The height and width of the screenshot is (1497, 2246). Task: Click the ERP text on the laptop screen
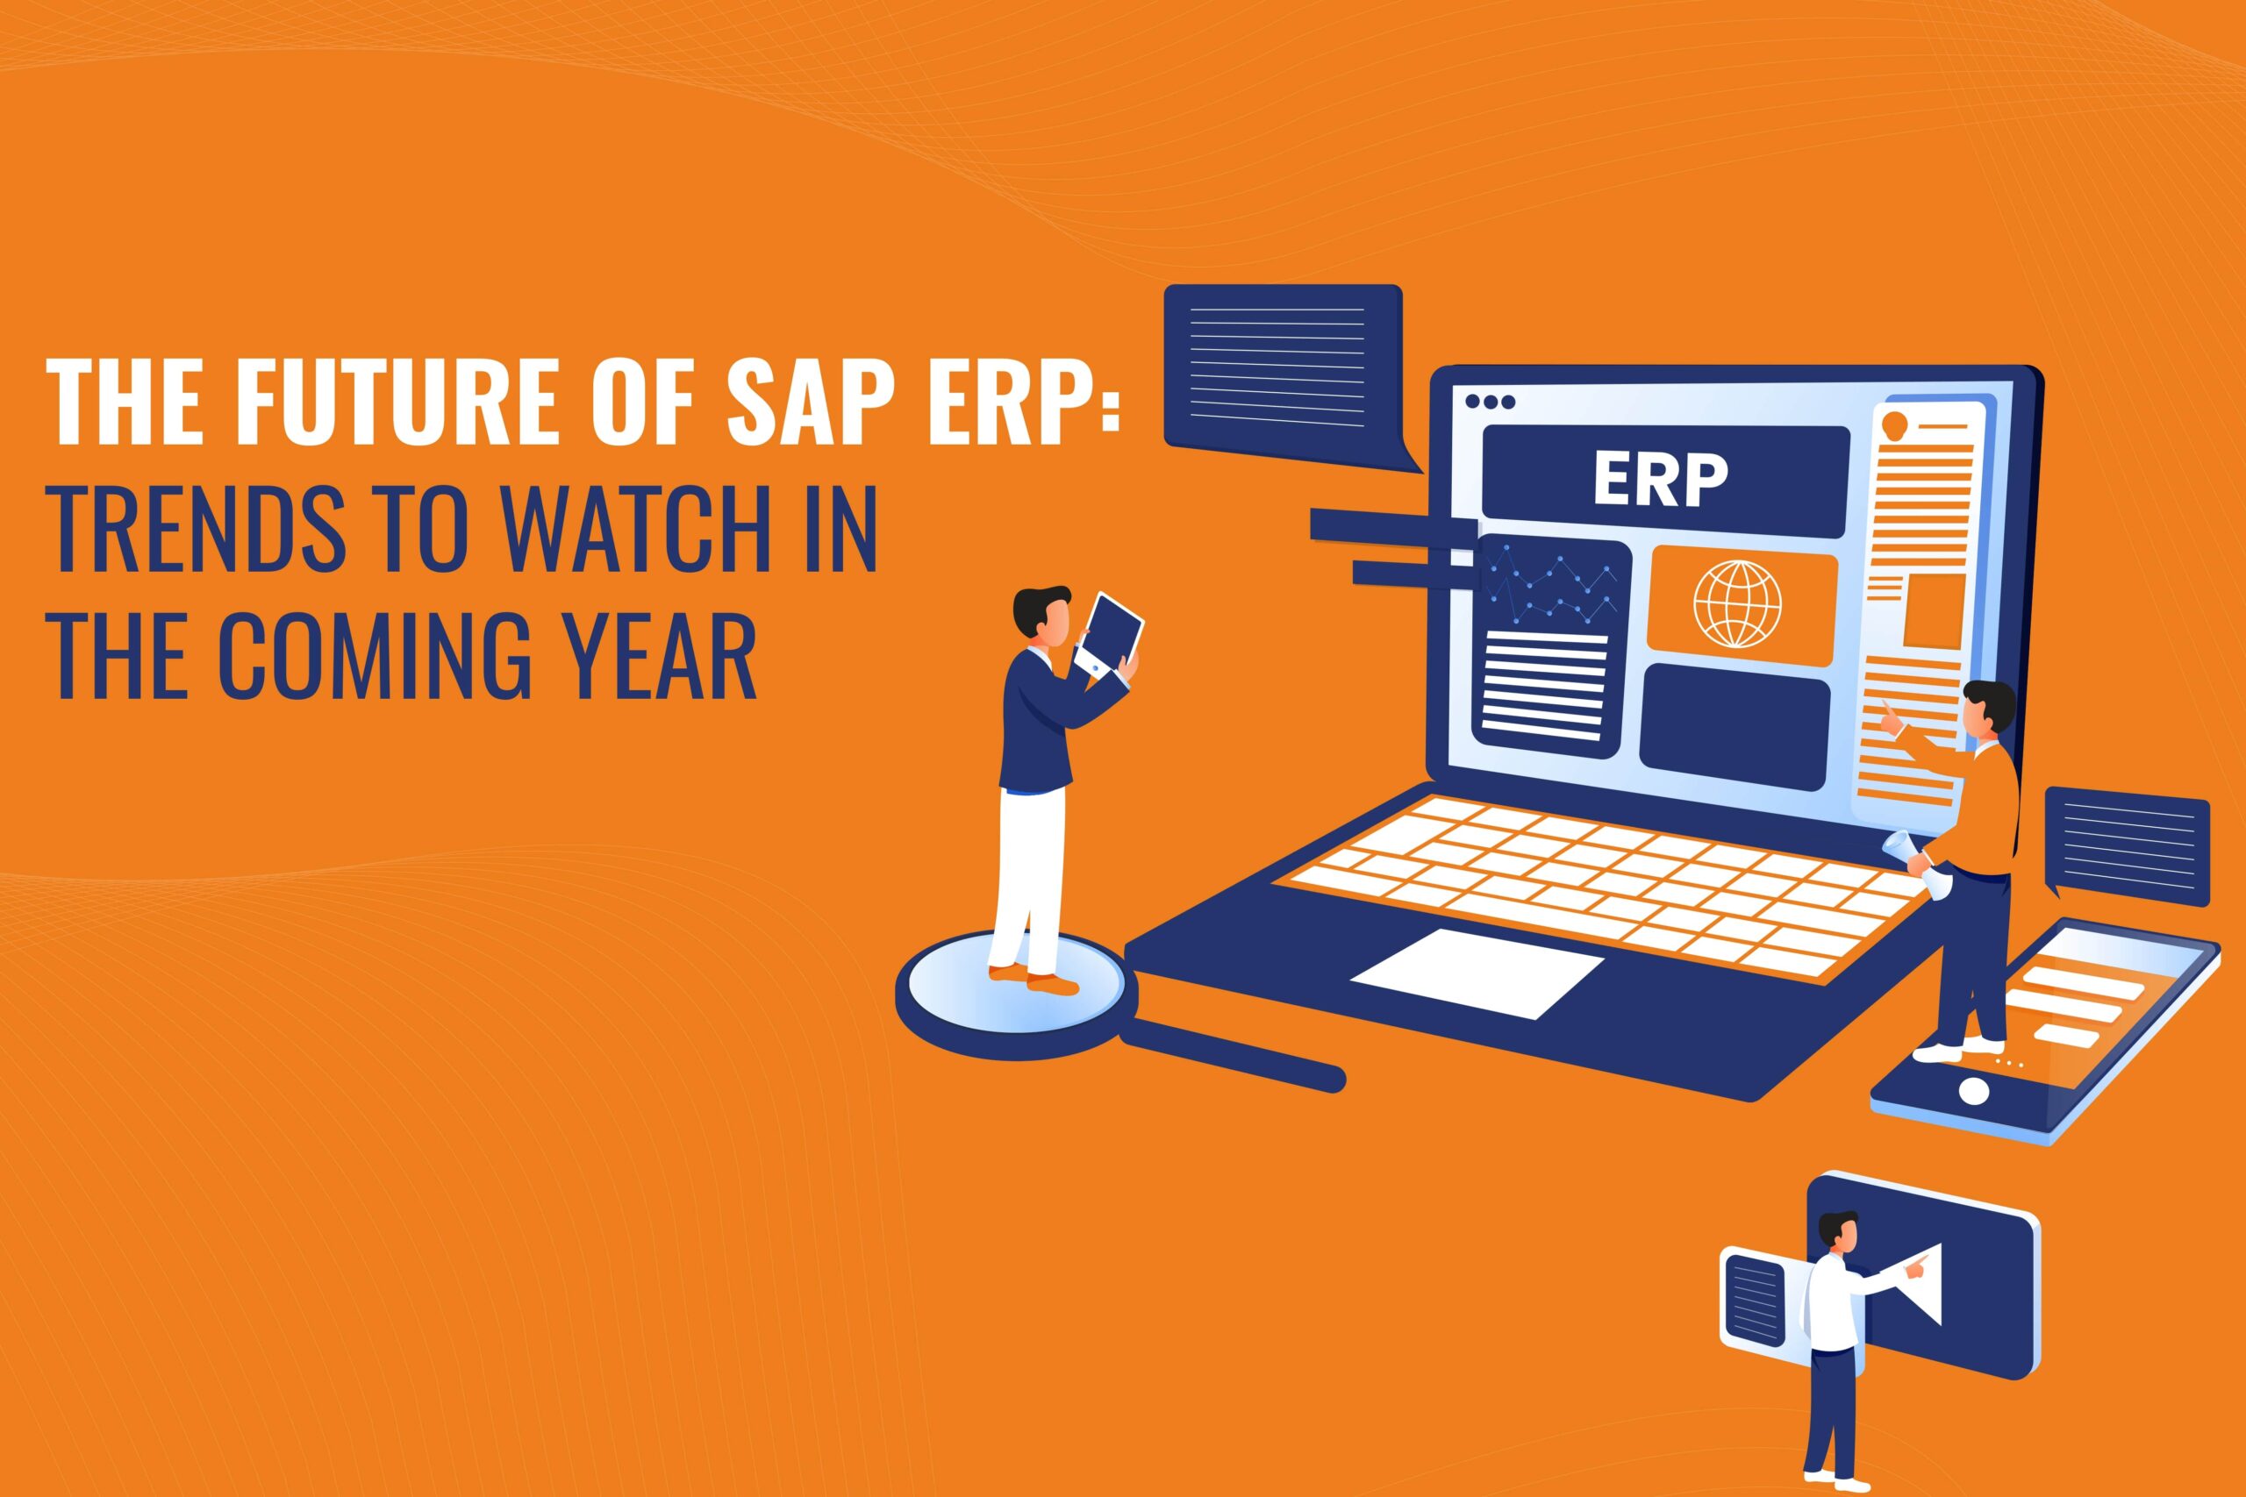(x=1660, y=481)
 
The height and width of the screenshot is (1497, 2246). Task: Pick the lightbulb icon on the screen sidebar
(x=1892, y=423)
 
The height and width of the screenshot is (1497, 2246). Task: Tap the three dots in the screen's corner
(x=1490, y=402)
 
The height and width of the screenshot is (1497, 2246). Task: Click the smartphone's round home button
(x=1974, y=1088)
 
